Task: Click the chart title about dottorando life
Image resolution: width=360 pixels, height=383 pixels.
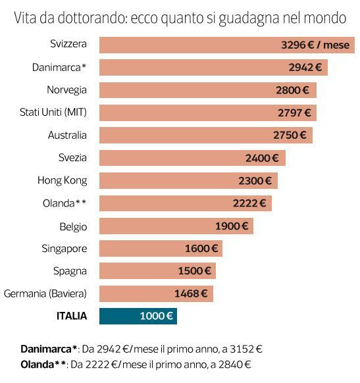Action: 180,18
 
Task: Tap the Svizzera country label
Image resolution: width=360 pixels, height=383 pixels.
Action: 68,45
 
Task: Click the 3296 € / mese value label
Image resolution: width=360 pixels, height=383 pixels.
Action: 315,45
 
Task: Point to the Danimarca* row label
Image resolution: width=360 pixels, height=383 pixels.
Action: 59,67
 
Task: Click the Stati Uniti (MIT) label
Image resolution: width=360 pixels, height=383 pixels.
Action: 53,113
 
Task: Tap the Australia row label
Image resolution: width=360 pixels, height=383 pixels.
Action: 67,135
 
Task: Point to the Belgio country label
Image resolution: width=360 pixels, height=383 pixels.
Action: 72,226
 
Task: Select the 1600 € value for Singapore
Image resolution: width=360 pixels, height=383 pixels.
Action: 201,248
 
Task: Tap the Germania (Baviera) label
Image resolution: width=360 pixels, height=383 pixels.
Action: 45,294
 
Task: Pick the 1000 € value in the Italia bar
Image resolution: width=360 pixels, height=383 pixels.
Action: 156,316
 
